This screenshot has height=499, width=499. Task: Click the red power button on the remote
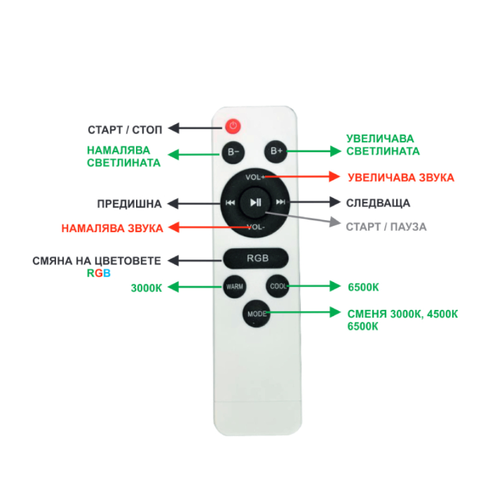(233, 126)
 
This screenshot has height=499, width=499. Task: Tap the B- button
(233, 152)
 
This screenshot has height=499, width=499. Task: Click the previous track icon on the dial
(230, 202)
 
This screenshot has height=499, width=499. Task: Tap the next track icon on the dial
(280, 202)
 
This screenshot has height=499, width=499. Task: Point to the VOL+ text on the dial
(255, 178)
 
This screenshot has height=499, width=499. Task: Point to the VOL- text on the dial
(256, 226)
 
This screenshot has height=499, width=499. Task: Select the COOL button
(276, 287)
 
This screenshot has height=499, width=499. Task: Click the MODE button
(256, 313)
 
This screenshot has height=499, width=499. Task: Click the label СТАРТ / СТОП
(125, 130)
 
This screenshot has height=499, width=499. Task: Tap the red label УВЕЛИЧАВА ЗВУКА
(401, 178)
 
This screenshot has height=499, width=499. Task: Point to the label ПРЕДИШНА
(129, 204)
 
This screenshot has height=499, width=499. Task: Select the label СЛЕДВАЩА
(378, 203)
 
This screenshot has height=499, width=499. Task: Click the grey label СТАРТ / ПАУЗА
(386, 226)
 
